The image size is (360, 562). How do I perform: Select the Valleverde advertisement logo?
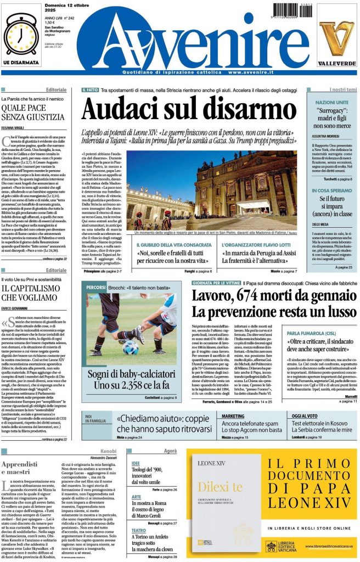pyautogui.click(x=336, y=43)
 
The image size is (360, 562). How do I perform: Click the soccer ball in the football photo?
pyautogui.click(x=131, y=347)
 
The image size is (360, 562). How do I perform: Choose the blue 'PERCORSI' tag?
pyautogui.click(x=95, y=287)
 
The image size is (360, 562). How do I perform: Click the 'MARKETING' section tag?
pyautogui.click(x=233, y=417)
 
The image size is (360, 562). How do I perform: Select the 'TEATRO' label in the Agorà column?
pyautogui.click(x=138, y=530)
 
